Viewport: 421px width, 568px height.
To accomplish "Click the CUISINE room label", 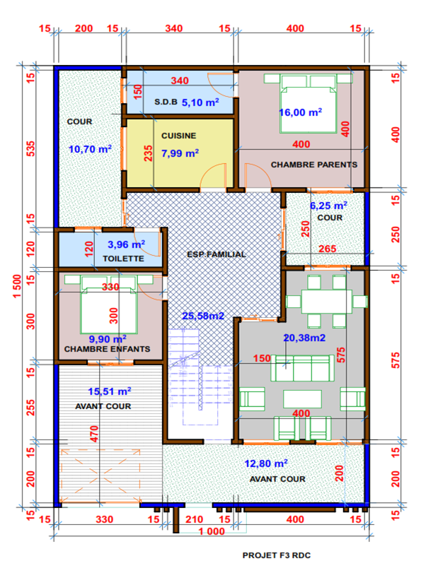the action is pos(178,136).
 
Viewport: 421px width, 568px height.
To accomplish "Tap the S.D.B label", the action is pos(166,102).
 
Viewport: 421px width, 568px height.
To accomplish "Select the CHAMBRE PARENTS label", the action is pos(314,165).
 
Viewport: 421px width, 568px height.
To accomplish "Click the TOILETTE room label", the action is pos(123,259).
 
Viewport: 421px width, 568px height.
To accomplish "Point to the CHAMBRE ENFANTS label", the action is pos(107,349).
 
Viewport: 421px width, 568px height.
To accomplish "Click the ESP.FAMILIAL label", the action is pos(217,254).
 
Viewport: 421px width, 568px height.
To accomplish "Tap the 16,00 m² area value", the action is pos(300,112).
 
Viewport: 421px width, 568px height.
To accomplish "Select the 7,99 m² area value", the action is pos(180,153).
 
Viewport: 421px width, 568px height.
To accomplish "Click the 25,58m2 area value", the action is pos(203,316).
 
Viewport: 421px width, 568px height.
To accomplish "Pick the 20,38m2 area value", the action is pos(304,338).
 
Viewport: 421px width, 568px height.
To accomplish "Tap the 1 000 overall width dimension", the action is pos(212,531).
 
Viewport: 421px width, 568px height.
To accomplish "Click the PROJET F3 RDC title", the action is pos(277,555).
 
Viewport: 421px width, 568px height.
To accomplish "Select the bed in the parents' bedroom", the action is pos(308,103).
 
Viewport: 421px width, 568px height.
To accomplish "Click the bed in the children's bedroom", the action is pos(109,304).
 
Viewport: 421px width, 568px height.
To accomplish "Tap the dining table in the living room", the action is pos(327,302).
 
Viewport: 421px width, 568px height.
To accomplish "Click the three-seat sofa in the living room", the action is pos(302,368).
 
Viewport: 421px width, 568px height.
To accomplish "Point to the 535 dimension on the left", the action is pos(31,148).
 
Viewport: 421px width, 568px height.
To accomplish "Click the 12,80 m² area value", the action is pos(265,463).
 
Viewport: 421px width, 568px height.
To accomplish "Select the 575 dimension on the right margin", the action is pos(396,360).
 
